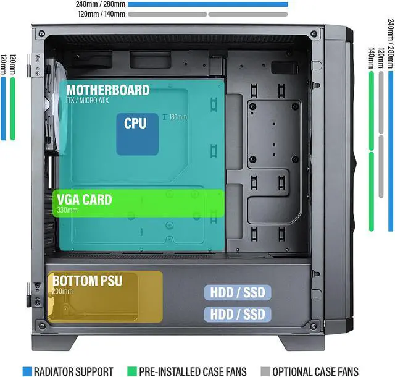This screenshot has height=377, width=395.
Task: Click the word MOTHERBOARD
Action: tap(107, 90)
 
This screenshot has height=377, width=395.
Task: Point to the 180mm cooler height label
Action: tap(178, 117)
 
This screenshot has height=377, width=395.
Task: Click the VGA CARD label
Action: tap(85, 200)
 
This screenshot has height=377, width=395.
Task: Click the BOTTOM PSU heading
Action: tap(87, 281)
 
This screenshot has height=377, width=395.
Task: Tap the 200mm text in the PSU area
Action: tap(63, 292)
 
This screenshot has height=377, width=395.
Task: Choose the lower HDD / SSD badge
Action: tap(238, 313)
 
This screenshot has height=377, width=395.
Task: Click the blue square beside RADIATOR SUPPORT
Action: tap(27, 371)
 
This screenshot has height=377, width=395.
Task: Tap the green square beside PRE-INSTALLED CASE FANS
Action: tap(131, 371)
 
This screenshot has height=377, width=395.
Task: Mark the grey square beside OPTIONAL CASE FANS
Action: tap(265, 371)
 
